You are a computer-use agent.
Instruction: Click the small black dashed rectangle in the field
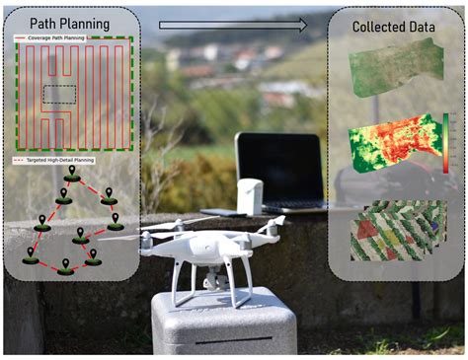(58, 95)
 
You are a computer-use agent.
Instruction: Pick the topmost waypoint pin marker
(72, 174)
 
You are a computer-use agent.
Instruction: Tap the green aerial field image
(396, 68)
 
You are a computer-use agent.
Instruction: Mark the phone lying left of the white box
(221, 212)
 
